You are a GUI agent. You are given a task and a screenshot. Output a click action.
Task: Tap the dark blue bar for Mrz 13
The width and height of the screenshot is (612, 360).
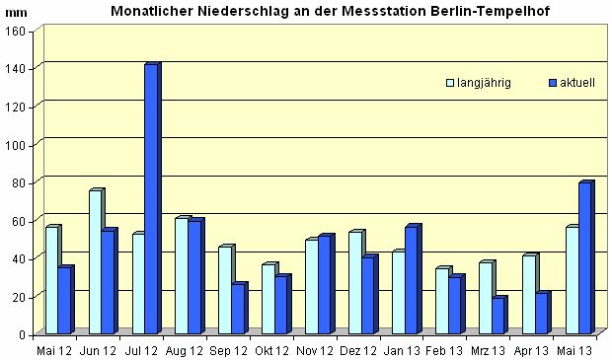497,316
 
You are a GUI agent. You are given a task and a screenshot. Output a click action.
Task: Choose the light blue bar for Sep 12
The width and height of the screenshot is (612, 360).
224,290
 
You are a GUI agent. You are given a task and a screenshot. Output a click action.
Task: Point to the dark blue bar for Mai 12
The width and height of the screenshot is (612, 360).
64,300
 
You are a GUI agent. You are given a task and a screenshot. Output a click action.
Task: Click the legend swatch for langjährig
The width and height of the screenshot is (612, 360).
449,84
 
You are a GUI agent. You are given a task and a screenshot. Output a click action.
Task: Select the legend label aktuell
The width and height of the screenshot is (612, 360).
577,84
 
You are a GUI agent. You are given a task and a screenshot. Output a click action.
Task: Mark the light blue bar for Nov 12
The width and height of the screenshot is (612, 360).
311,286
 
